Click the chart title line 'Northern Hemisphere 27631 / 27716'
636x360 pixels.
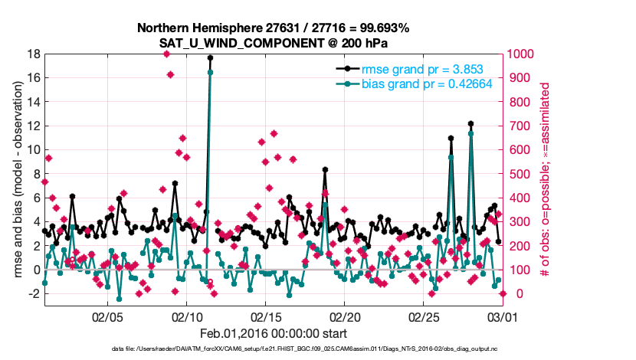(x=274, y=28)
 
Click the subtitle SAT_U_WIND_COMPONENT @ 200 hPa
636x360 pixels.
(x=274, y=43)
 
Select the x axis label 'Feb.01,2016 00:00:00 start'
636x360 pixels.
(x=274, y=333)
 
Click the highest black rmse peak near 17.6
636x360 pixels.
(x=210, y=58)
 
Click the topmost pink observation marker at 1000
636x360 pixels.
(x=166, y=54)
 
